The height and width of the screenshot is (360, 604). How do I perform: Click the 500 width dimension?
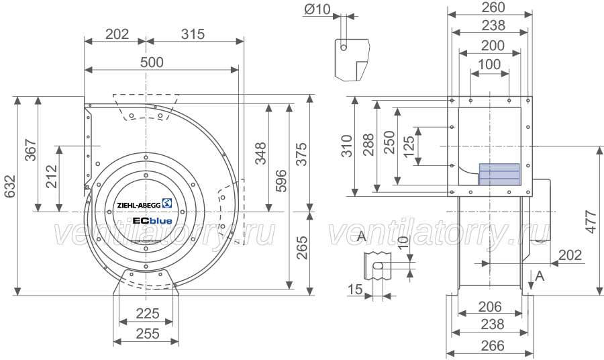(152, 62)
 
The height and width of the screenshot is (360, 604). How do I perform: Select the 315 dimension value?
(193, 34)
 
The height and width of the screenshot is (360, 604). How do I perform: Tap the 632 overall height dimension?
(10, 187)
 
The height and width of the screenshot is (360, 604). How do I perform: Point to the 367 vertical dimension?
(30, 150)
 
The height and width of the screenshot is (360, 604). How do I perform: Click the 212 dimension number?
(51, 177)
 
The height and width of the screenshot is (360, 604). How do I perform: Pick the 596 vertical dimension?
(281, 181)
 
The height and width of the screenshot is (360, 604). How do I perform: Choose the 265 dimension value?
(302, 247)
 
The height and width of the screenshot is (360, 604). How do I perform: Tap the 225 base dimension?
(148, 314)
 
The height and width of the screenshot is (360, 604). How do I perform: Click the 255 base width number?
(148, 333)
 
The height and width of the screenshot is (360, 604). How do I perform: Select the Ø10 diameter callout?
(317, 9)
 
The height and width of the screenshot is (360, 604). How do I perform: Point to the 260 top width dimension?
(493, 7)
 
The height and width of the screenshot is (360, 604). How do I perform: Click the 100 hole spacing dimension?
(489, 64)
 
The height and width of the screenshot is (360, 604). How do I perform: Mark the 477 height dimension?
(591, 221)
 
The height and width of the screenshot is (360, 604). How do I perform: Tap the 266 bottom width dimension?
(493, 346)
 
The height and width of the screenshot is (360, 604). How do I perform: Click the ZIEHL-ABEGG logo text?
(139, 206)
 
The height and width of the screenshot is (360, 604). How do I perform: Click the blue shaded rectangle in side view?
(499, 174)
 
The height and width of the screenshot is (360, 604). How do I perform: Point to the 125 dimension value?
(409, 146)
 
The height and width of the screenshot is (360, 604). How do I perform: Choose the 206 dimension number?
(490, 307)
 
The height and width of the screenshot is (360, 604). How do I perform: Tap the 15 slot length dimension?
(355, 289)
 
